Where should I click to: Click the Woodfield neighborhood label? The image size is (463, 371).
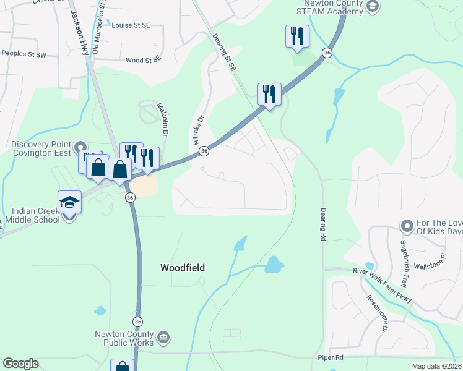(182, 268)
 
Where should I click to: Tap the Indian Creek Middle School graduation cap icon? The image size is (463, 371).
(69, 202)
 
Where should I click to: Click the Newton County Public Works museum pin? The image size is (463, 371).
(163, 337)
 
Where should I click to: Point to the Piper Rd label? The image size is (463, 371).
(331, 357)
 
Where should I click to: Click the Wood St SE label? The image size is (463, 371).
(143, 60)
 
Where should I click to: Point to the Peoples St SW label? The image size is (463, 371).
(24, 54)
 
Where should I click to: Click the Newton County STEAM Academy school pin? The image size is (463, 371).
(372, 7)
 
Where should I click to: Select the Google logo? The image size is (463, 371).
(20, 364)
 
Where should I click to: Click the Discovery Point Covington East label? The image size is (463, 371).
(42, 148)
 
